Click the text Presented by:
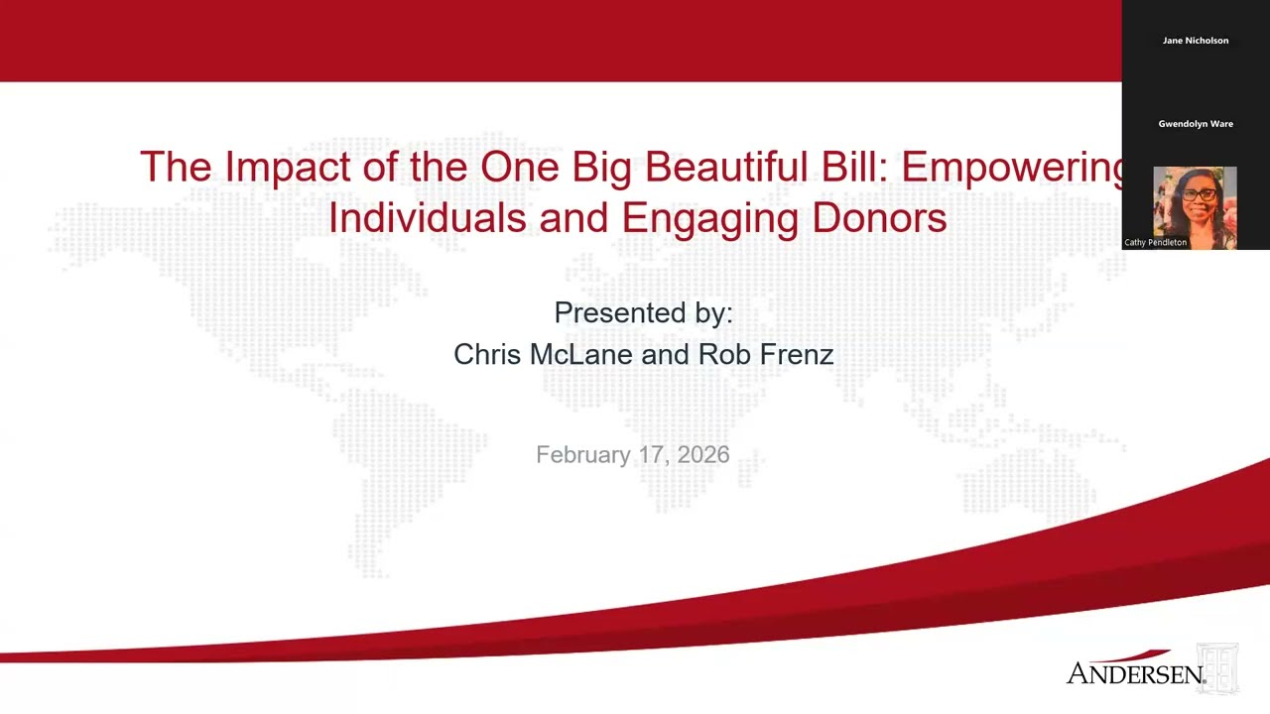(x=643, y=312)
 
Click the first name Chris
(x=486, y=354)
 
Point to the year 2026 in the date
(x=703, y=454)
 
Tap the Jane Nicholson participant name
(x=1196, y=41)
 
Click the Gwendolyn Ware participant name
(x=1196, y=124)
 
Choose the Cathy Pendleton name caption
(x=1155, y=242)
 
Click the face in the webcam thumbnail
(x=1198, y=198)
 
